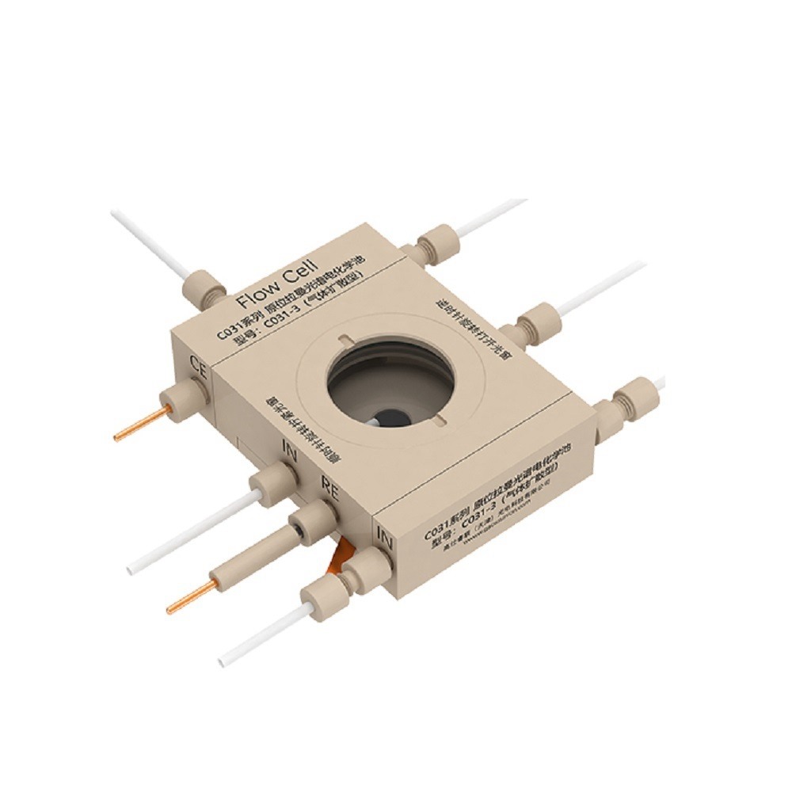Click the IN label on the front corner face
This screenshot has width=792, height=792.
tap(385, 542)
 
